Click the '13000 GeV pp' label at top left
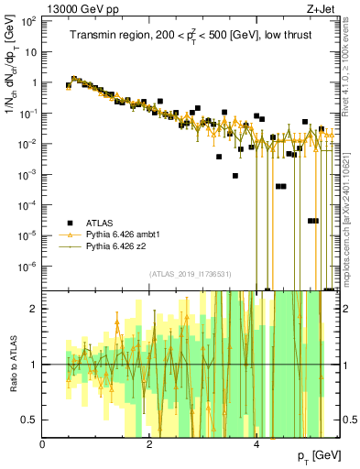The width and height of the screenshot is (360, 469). pyautogui.click(x=79, y=10)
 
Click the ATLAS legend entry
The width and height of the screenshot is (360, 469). pyautogui.click(x=99, y=223)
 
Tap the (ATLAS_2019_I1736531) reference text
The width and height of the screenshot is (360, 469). pyautogui.click(x=191, y=274)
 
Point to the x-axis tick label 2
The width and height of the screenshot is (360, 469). pyautogui.click(x=150, y=444)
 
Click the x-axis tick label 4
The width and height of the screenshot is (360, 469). pyautogui.click(x=256, y=444)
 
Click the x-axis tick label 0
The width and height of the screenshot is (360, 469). pyautogui.click(x=43, y=444)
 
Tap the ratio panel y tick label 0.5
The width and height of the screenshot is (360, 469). pyautogui.click(x=29, y=420)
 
